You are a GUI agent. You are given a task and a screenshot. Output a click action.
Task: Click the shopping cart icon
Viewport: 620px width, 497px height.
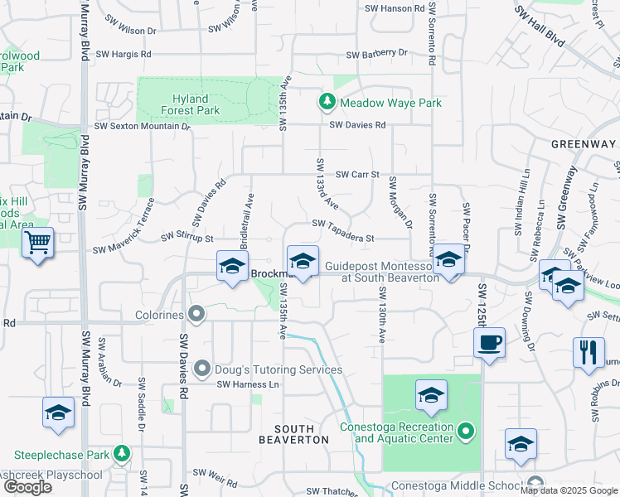[x=37, y=243]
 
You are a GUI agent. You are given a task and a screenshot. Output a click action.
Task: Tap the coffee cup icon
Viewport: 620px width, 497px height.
[x=489, y=342]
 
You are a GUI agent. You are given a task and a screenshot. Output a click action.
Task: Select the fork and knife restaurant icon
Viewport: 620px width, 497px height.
[x=588, y=352]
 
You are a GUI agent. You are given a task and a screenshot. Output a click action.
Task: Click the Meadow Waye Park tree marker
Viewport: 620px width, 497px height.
[x=327, y=102]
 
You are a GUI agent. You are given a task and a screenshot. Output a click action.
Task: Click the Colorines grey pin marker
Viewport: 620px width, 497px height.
[x=196, y=314]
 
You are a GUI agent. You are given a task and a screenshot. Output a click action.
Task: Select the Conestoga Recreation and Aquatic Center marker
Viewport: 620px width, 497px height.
[x=466, y=432]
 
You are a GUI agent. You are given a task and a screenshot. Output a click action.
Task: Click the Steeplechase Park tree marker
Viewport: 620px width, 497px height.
[x=122, y=455]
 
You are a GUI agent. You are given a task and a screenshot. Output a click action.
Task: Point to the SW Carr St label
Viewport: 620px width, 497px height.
[x=357, y=175]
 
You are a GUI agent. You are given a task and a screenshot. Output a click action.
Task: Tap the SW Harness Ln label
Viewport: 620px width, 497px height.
[x=248, y=384]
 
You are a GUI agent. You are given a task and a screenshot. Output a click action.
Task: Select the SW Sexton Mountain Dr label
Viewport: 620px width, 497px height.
[x=143, y=127]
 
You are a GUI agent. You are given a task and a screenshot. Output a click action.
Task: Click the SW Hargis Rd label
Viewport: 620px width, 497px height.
[x=124, y=54]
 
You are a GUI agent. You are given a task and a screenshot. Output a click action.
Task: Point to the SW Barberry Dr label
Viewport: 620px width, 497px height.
[x=377, y=54]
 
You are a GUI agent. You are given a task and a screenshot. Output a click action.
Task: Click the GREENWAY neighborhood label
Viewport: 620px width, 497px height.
[x=584, y=144]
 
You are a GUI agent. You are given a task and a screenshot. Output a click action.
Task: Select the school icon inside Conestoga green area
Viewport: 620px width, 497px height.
[x=431, y=394]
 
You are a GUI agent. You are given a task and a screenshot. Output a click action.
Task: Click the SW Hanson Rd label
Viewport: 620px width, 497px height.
[x=395, y=8]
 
